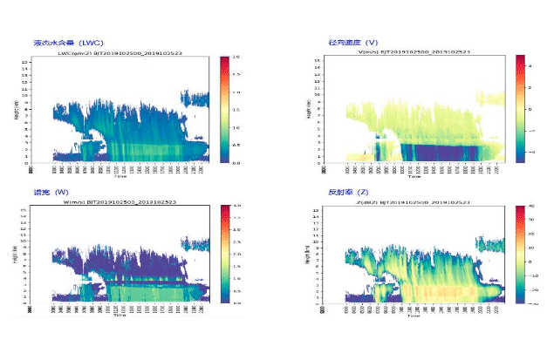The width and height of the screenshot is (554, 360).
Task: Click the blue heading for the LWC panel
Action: click(x=68, y=42)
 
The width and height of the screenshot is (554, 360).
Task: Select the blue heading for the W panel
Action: click(x=51, y=192)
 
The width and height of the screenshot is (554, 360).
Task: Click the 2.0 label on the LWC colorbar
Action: click(x=235, y=58)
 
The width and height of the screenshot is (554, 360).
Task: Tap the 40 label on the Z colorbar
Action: click(x=531, y=207)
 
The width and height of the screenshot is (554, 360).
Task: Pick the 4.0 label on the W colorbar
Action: click(x=236, y=207)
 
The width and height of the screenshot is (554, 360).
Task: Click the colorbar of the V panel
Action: click(x=519, y=109)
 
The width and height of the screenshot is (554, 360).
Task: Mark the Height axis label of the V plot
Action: click(x=311, y=109)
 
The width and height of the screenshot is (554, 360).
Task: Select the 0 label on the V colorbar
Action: click(x=531, y=110)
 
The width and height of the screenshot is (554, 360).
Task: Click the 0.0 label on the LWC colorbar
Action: click(x=235, y=162)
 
